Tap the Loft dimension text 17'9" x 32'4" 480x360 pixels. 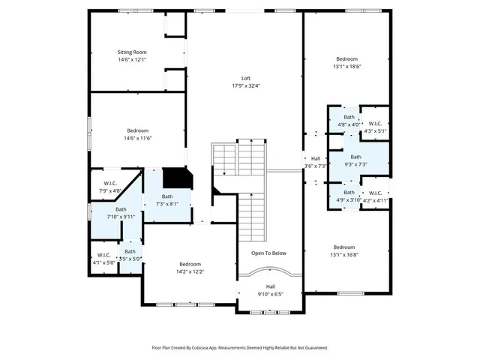click(245, 85)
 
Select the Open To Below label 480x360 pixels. click(268, 253)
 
